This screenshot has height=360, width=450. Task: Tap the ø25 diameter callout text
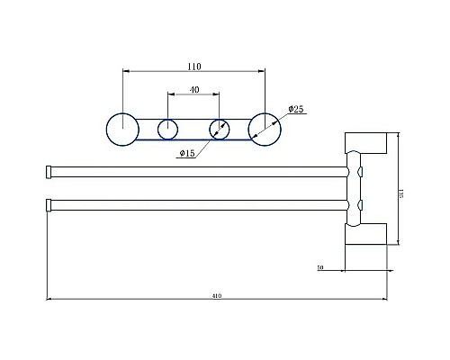(296, 109)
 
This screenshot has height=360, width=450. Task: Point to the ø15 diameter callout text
(187, 154)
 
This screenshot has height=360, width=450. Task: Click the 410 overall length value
(217, 293)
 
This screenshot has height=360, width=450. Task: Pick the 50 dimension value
(321, 267)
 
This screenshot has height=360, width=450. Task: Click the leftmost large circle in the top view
(121, 129)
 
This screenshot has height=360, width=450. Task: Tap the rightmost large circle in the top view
(264, 129)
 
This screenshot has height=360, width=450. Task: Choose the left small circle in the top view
(168, 129)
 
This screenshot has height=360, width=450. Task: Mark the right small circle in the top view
(220, 129)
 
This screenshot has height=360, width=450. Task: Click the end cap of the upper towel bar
(49, 171)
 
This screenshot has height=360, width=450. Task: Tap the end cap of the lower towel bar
(49, 203)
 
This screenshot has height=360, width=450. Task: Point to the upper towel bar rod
(198, 171)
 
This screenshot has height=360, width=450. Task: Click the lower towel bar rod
(198, 203)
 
